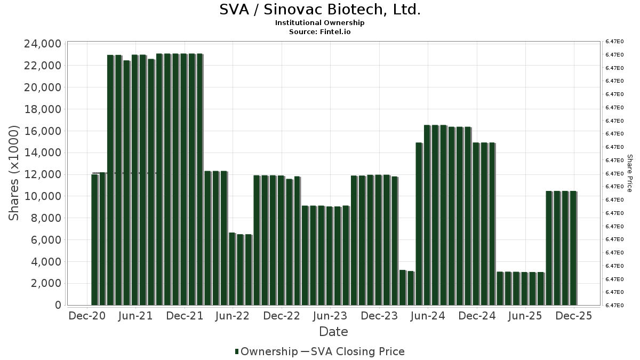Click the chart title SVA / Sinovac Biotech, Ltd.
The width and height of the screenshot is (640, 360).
pos(320,10)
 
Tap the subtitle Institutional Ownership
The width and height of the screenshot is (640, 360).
pos(320,23)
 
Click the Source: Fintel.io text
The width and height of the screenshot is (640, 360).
pos(320,31)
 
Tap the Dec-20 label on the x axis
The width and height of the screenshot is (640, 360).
pos(87,316)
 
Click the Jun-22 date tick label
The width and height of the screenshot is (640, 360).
pos(233,316)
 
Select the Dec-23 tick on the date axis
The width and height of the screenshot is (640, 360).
pos(379,316)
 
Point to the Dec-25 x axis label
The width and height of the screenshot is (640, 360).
pos(574,316)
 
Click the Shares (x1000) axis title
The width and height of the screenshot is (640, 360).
pos(14,173)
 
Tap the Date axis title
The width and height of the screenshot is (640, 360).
pos(333,332)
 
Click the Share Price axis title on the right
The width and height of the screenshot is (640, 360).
pos(629,173)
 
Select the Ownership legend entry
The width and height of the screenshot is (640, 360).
pos(267,351)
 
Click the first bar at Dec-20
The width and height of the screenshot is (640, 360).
pos(94,239)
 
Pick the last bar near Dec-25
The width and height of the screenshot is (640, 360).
pos(573,248)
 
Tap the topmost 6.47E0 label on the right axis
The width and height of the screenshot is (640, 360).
pos(616,41)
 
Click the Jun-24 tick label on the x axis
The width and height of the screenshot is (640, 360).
pos(428,316)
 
